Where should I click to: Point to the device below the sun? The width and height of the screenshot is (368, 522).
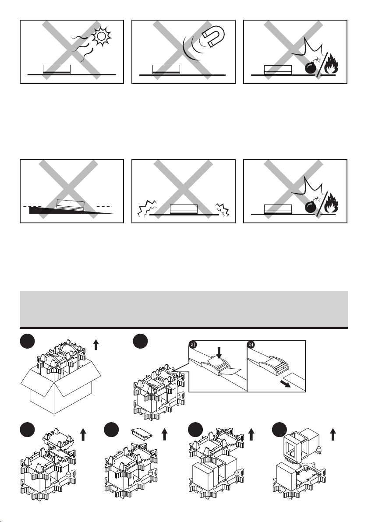point(57,69)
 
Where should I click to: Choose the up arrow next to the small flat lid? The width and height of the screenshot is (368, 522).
point(165,435)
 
